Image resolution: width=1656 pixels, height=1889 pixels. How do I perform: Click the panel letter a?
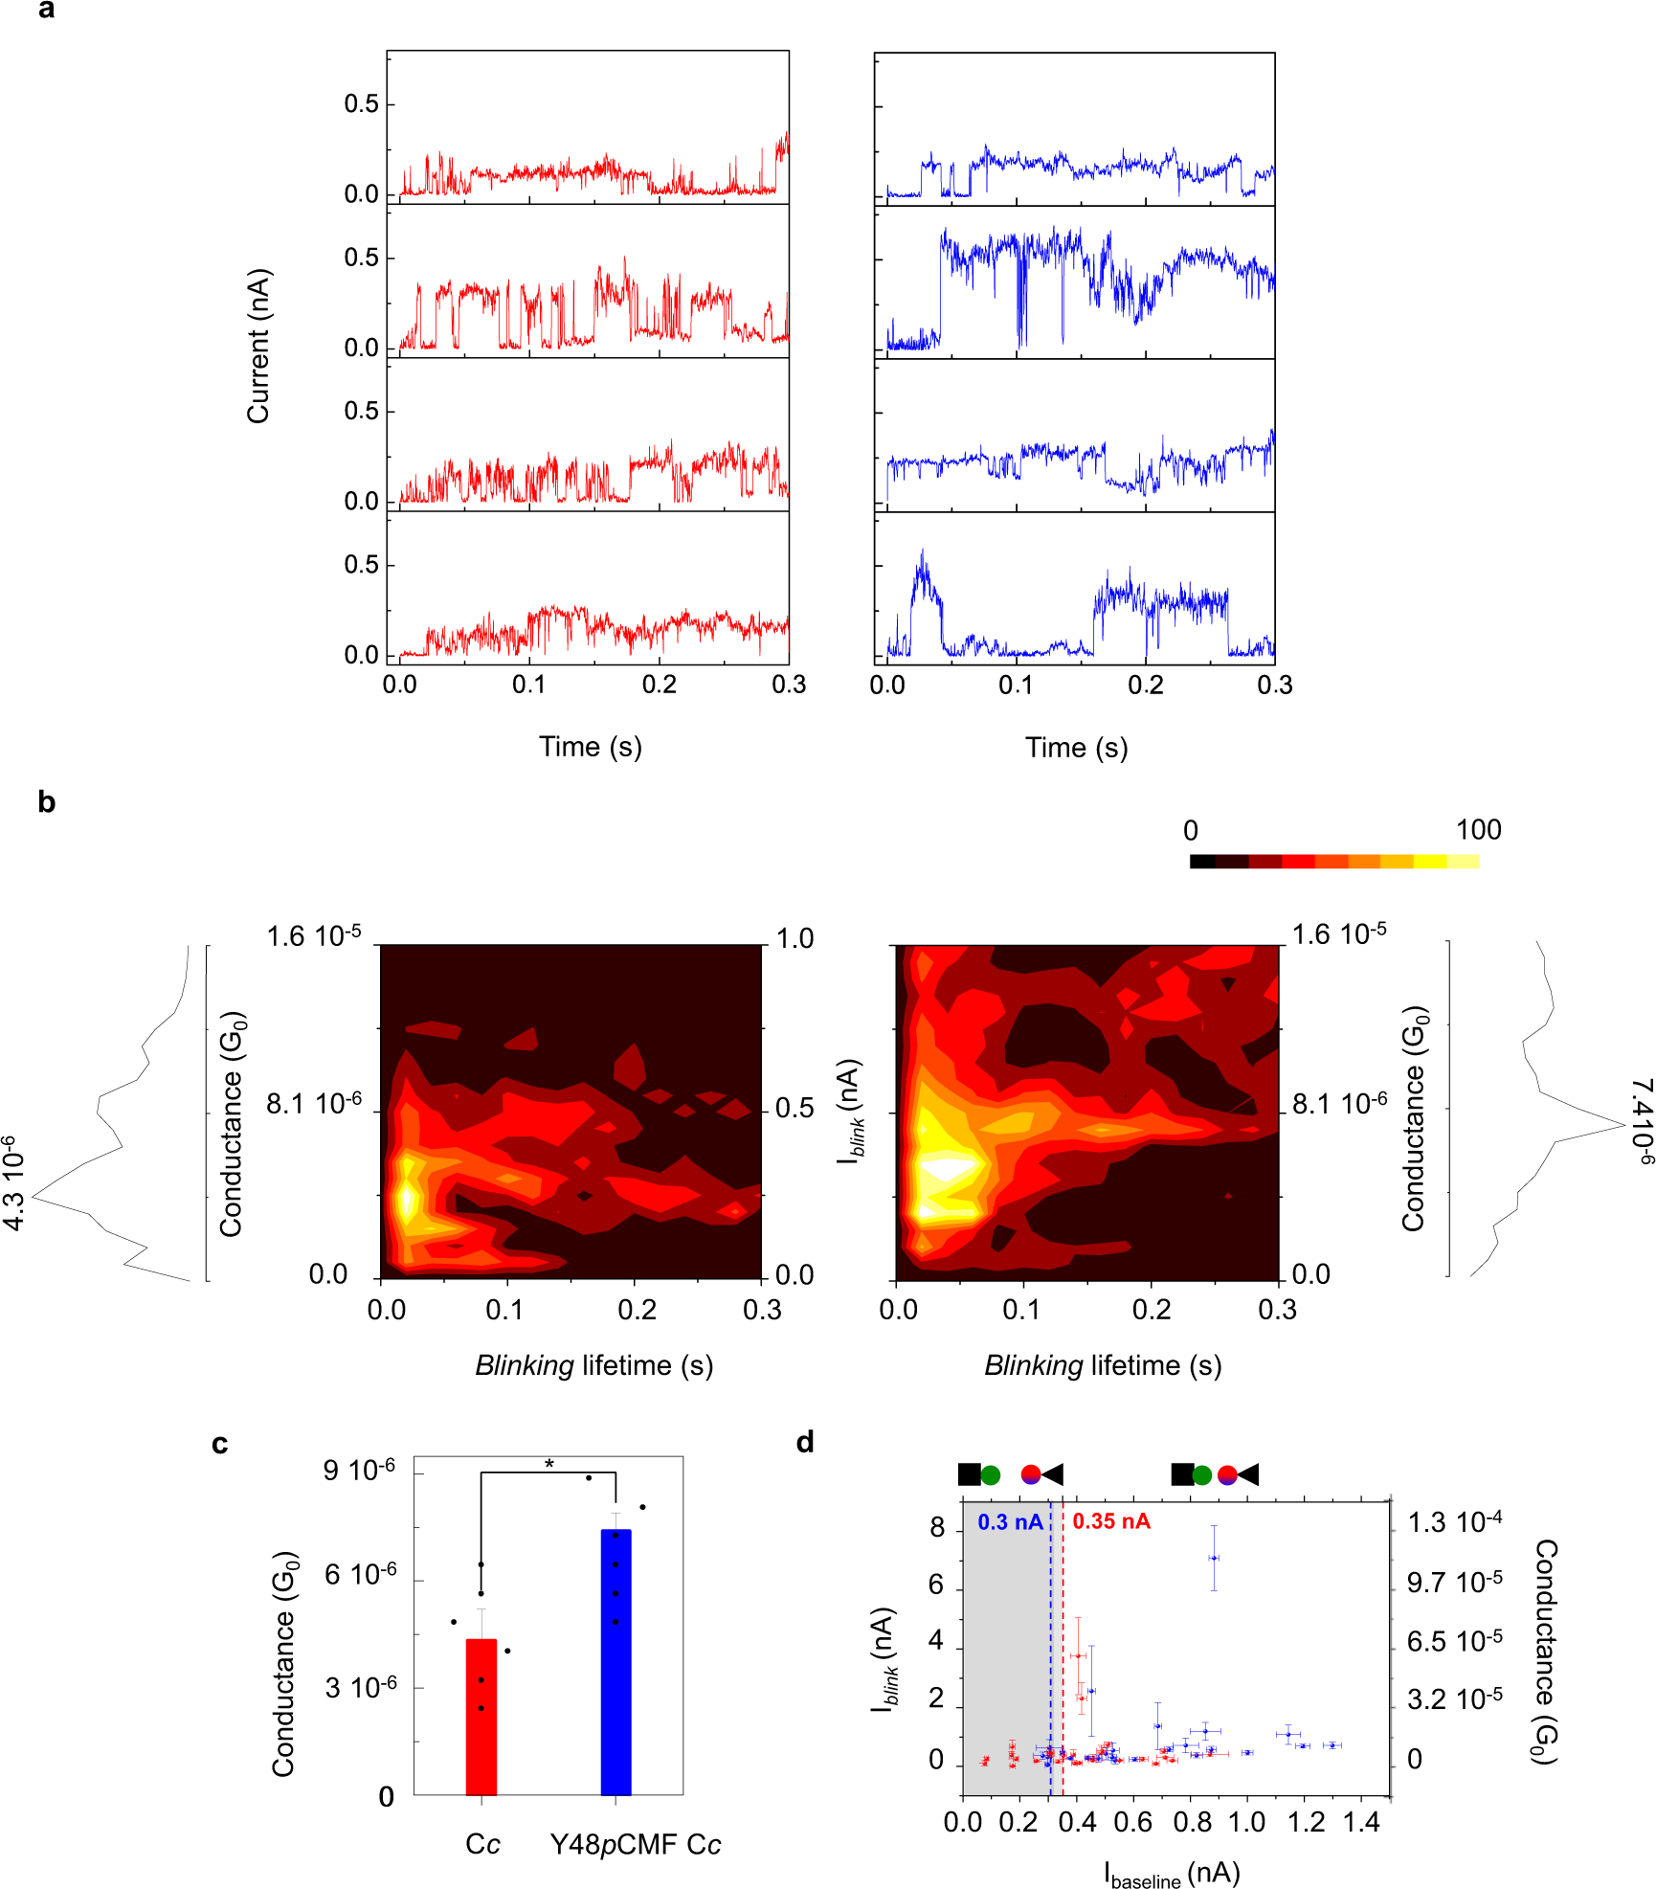click(x=46, y=11)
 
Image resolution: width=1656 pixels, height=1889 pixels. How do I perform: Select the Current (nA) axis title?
click(x=258, y=346)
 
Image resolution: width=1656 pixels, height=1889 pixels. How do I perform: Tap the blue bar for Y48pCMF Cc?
click(x=615, y=1661)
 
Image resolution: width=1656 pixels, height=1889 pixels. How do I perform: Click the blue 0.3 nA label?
click(x=1010, y=1522)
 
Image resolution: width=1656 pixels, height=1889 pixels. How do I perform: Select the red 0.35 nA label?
click(x=1110, y=1521)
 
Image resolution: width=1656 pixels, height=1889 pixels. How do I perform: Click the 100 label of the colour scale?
click(x=1478, y=830)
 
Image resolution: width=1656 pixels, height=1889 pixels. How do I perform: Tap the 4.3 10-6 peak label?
click(x=13, y=1182)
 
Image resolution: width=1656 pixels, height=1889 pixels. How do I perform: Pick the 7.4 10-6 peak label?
click(x=1641, y=1121)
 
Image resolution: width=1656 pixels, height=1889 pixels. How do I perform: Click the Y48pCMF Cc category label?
click(x=636, y=1844)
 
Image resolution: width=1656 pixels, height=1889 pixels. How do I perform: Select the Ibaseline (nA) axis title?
click(x=1172, y=1874)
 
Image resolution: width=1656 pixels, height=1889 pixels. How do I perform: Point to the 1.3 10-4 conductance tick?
click(x=1454, y=1522)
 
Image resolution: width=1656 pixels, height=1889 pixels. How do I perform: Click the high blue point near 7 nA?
click(x=1214, y=1558)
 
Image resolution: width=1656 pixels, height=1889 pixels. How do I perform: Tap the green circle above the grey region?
click(x=991, y=1475)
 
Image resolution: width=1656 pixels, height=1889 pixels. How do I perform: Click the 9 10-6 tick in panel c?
click(x=359, y=1471)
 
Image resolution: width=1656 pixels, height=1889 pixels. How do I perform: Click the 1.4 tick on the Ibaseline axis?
click(x=1360, y=1822)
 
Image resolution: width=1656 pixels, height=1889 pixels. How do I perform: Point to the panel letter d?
click(x=805, y=1442)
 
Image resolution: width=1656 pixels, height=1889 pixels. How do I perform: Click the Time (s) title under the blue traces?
click(x=1076, y=748)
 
